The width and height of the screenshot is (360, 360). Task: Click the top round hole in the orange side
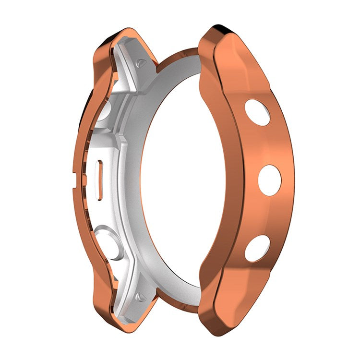pyautogui.click(x=257, y=112)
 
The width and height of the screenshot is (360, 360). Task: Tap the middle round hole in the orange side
pyautogui.click(x=270, y=180)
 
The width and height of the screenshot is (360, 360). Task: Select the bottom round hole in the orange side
pyautogui.click(x=257, y=248)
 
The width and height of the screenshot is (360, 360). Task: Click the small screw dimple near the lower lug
pyautogui.click(x=141, y=297)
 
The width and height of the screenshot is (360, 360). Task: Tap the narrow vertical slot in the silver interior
pyautogui.click(x=100, y=179)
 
